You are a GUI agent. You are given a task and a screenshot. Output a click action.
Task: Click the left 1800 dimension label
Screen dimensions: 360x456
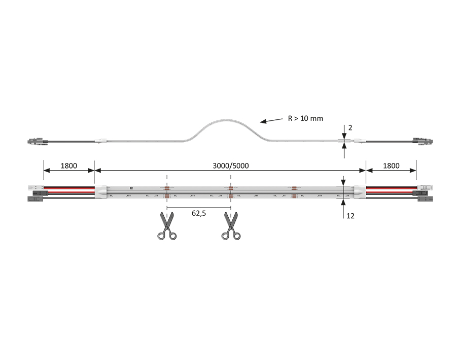(68, 166)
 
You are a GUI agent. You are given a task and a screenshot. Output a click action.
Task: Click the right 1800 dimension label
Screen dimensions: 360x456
(391, 166)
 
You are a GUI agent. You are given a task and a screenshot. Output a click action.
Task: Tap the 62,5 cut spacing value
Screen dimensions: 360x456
(198, 214)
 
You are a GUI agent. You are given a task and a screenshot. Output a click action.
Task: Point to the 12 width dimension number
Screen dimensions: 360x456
(350, 216)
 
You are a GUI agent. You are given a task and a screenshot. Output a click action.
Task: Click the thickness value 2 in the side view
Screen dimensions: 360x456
(350, 127)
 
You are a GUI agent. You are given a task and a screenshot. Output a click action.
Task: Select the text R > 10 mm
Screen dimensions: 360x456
(305, 118)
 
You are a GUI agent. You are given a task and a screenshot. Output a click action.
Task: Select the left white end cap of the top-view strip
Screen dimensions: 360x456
(101, 191)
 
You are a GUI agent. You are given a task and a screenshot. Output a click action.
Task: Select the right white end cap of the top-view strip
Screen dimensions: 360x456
(359, 191)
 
